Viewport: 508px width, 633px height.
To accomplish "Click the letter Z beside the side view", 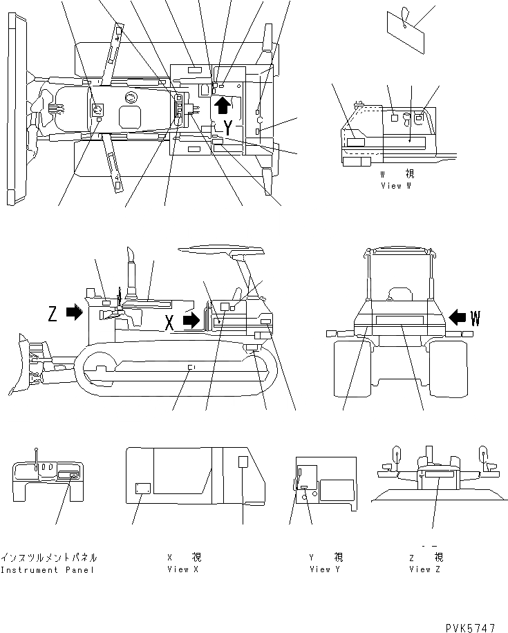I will (53, 314).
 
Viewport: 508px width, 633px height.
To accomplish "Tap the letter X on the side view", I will (169, 321).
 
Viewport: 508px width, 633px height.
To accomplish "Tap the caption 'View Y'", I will (326, 569).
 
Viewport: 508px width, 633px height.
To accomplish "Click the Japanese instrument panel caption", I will (48, 557).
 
